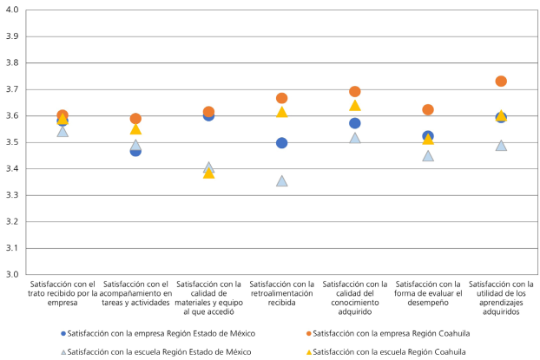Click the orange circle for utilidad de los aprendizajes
pos(501,82)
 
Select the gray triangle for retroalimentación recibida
pos(282,181)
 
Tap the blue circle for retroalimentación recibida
pos(282,143)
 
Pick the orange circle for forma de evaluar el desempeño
pos(428,110)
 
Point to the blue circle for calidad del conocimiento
pos(355,123)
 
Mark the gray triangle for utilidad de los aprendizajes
pos(501,146)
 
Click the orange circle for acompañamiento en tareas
pos(135,119)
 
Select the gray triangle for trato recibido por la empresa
pos(63,132)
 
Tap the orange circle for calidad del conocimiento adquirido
pos(355,92)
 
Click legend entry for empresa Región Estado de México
pos(161,333)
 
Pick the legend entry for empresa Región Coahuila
pos(382,333)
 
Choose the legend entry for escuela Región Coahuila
pos(380,351)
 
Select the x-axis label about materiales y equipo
pos(208,298)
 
